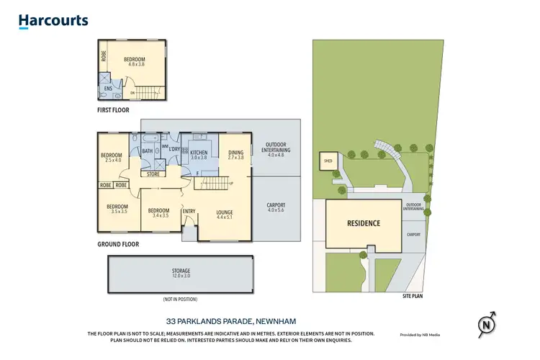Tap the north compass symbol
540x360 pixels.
[x=487, y=325]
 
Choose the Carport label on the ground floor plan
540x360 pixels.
[x=276, y=208]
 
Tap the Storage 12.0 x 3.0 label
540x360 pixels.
[x=181, y=273]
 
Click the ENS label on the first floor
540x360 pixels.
[x=107, y=89]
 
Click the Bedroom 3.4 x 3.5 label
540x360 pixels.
[x=158, y=213]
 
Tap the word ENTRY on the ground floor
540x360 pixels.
[x=189, y=211]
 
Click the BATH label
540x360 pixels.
[x=148, y=151]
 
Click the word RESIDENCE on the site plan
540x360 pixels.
[x=364, y=223]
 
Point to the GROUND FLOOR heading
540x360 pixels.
[x=118, y=244]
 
